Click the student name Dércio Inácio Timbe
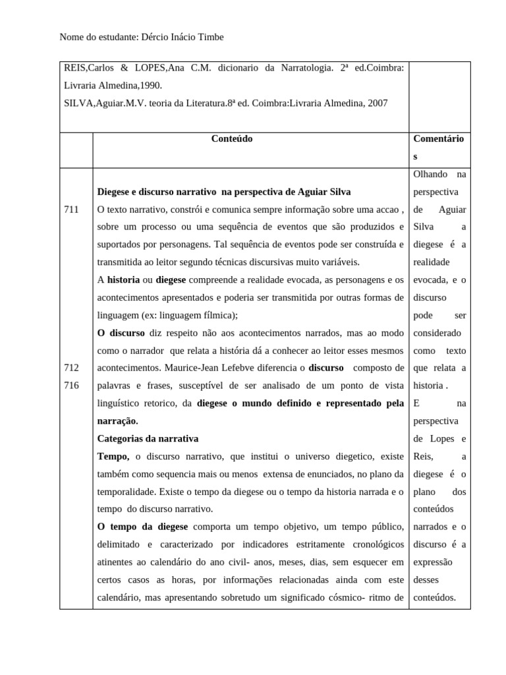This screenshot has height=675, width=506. pos(183,38)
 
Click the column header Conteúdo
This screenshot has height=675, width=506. pos(231,139)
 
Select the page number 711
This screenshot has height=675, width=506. pos(71,210)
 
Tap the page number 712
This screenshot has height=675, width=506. pos(71,368)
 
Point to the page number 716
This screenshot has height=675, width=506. pos(71,385)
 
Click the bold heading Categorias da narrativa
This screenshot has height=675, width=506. pos(148,438)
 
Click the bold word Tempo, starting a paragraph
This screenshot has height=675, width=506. pos(113,456)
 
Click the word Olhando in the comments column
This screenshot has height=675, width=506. pos(430,174)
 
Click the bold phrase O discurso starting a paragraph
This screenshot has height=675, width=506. pos(121,333)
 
